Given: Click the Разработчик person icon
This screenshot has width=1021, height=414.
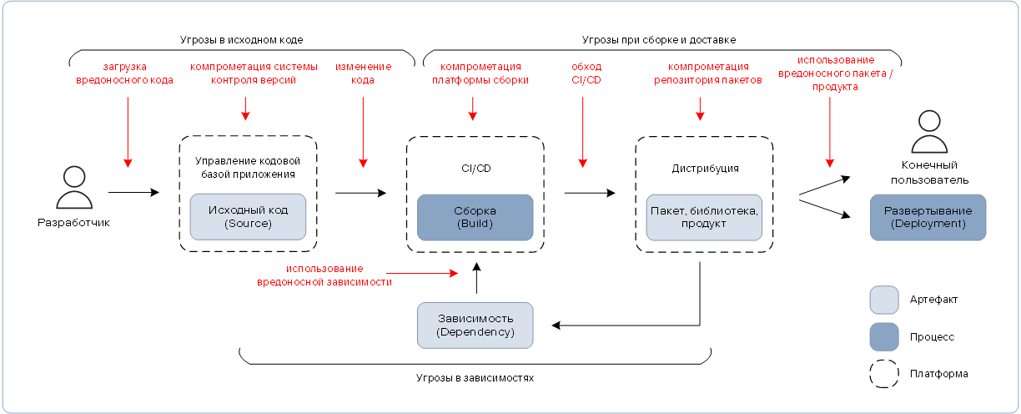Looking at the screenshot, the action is point(74,188).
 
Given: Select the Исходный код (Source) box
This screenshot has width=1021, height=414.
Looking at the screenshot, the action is point(248,217).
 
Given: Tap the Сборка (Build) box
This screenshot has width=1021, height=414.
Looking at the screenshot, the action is point(475,218).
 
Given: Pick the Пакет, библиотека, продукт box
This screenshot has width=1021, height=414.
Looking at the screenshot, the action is point(704,218).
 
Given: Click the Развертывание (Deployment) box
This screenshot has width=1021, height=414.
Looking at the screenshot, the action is point(928,218).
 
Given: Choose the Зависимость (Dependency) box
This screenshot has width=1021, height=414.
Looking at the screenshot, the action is point(475,326).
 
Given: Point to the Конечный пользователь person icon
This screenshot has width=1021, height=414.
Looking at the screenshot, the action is point(929,131).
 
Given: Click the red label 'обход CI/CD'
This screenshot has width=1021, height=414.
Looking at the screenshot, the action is point(586,73).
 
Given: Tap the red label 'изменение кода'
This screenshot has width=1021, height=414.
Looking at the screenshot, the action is point(364,73).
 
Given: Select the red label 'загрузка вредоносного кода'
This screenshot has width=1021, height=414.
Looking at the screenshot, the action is point(124,73).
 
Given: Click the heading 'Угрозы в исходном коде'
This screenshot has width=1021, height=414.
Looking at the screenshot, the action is point(241,40).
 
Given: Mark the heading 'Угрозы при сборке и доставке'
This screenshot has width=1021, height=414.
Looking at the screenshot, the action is point(659,40).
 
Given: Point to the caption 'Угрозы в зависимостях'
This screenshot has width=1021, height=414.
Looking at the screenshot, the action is point(475,377).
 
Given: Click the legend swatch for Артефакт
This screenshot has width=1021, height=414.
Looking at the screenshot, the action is point(884,300).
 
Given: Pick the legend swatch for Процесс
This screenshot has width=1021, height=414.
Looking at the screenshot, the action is point(884,337).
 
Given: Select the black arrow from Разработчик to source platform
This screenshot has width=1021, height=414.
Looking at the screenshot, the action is point(133,193).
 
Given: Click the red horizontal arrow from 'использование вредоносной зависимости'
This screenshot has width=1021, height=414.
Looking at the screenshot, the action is point(422,273).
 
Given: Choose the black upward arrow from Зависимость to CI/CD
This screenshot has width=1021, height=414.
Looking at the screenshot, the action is point(476,278).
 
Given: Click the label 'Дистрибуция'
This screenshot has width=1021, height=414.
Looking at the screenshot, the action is point(705,169).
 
